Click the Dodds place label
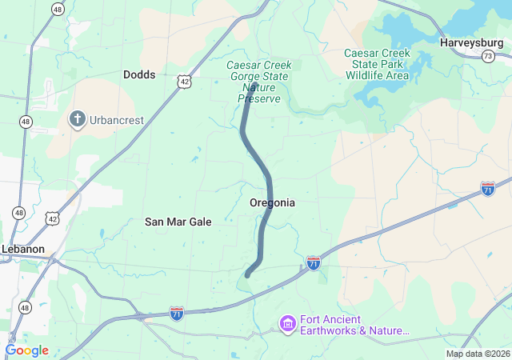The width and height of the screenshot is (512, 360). (139, 74)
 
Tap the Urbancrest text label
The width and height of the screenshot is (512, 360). (117, 120)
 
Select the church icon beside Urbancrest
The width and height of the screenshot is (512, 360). (77, 120)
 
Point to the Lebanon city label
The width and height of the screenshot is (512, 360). (22, 249)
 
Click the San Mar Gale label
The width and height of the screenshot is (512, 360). (178, 222)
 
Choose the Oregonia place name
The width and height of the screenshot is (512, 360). (272, 202)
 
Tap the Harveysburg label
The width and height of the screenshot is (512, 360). (470, 41)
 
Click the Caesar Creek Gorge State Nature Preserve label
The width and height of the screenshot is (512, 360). (259, 82)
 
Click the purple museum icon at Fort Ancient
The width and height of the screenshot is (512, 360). (287, 323)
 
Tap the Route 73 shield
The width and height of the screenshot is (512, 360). (488, 55)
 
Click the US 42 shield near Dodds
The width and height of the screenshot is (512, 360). (186, 82)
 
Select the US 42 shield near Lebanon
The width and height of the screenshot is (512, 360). (53, 218)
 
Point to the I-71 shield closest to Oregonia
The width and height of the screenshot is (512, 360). (314, 262)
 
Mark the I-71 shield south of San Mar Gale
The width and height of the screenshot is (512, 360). (176, 314)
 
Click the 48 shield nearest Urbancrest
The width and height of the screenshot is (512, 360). (26, 122)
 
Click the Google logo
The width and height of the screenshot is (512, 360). (26, 350)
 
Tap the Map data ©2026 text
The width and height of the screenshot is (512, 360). (478, 354)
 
